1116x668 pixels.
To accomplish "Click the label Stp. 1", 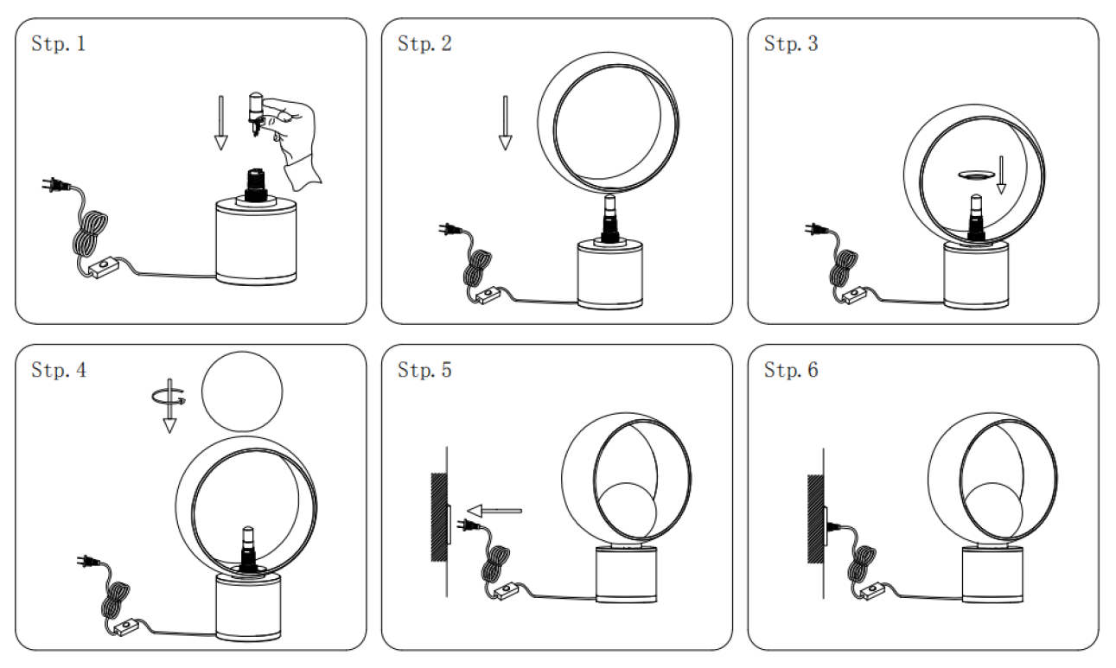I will [58, 44].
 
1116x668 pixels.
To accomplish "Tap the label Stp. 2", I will [424, 44].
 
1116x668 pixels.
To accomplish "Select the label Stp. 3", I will [791, 44].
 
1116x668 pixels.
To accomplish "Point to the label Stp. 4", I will [58, 372].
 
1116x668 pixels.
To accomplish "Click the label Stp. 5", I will [424, 372].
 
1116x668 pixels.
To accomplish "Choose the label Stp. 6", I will [791, 372].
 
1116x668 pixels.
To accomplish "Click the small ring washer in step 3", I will [972, 175].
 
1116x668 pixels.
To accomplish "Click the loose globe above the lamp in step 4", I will [242, 393].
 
